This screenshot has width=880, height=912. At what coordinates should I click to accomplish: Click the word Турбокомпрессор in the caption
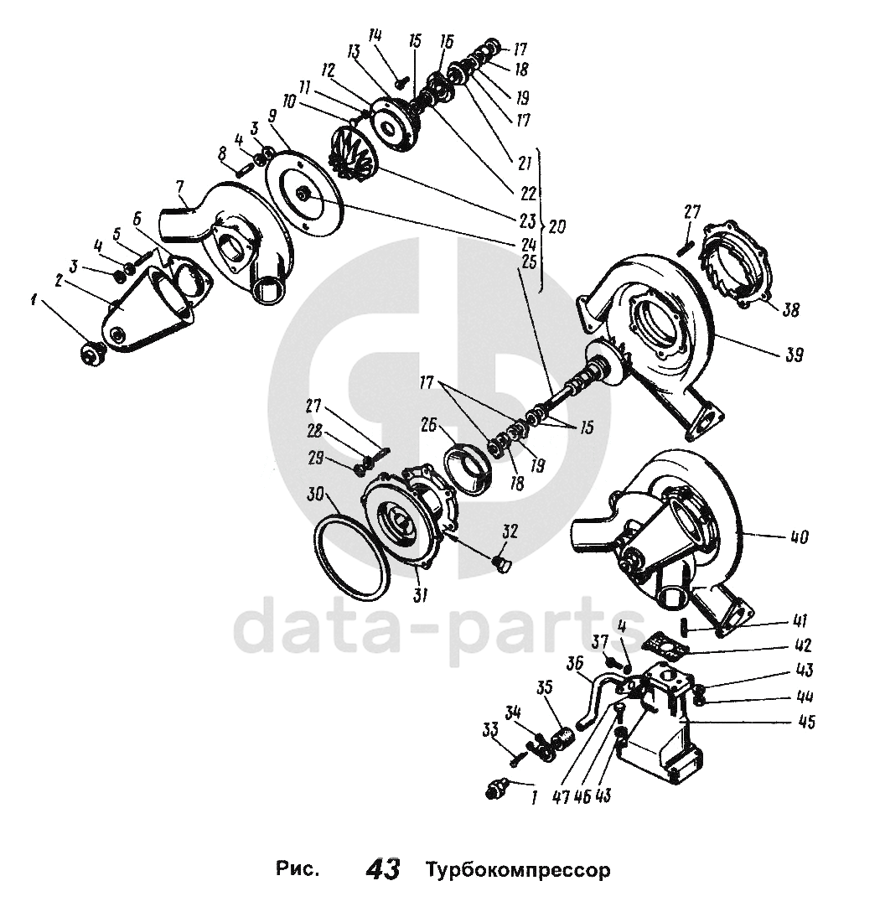[518, 868]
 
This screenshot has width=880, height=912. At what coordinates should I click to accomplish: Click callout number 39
[793, 355]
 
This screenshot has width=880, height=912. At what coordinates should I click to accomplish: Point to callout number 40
[799, 537]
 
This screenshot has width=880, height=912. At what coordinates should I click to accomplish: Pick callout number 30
[316, 496]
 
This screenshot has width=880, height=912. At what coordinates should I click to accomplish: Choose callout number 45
[807, 722]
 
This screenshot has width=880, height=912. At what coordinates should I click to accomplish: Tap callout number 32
[510, 531]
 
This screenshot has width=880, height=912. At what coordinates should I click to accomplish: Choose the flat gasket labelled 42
[664, 644]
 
